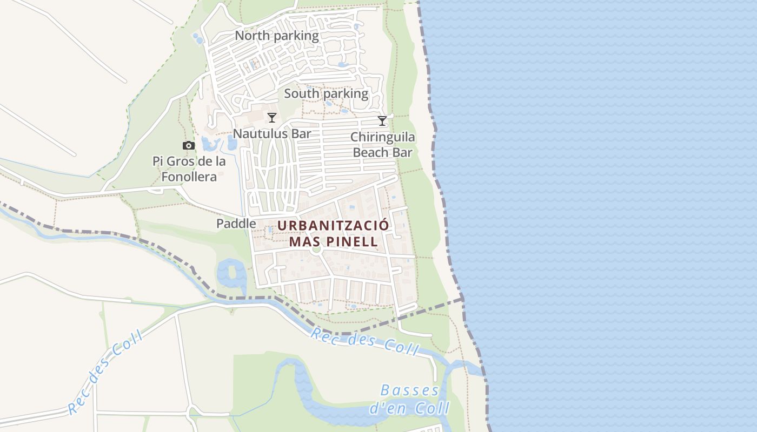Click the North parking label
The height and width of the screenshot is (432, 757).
[277, 36]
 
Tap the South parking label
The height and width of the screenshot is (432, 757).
[326, 93]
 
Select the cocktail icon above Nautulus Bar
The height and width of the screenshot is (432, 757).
[272, 118]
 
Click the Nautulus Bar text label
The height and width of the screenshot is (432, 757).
[272, 133]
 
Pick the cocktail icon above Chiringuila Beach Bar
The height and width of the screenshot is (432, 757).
[382, 121]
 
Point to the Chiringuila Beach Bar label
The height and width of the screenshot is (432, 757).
[382, 145]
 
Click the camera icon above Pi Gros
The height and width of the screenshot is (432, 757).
[189, 146]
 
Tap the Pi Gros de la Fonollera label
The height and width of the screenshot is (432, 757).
[189, 169]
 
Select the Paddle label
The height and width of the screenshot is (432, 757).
[236, 223]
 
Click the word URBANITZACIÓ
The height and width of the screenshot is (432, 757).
[333, 225]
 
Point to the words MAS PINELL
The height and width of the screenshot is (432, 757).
[333, 241]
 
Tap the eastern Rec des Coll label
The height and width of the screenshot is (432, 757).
[364, 341]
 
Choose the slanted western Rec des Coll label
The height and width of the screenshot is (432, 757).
[106, 372]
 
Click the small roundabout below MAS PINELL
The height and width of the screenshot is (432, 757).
[317, 250]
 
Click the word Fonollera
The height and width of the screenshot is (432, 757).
[189, 177]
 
